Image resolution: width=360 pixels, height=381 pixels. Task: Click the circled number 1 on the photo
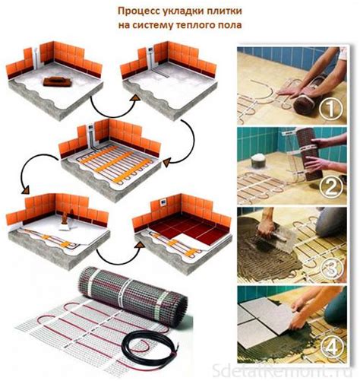330,108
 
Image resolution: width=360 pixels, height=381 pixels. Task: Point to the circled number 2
330,187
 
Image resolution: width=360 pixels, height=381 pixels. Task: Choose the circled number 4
330,345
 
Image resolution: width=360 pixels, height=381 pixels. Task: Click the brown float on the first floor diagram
57,81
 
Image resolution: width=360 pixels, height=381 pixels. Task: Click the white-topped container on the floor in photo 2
259,161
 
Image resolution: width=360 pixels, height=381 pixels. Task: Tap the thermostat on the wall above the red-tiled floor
163,202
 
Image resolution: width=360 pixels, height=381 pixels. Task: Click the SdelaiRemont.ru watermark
282,370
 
